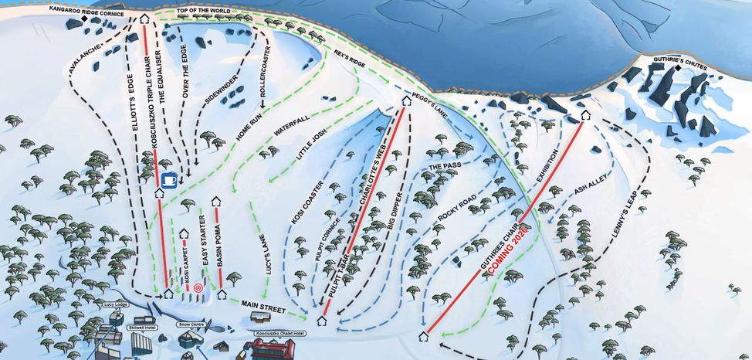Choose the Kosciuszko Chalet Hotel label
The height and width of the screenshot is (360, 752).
279,333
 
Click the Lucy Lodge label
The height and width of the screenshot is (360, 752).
117,304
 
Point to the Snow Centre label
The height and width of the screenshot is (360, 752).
191,324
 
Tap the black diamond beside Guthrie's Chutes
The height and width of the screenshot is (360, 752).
678,69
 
